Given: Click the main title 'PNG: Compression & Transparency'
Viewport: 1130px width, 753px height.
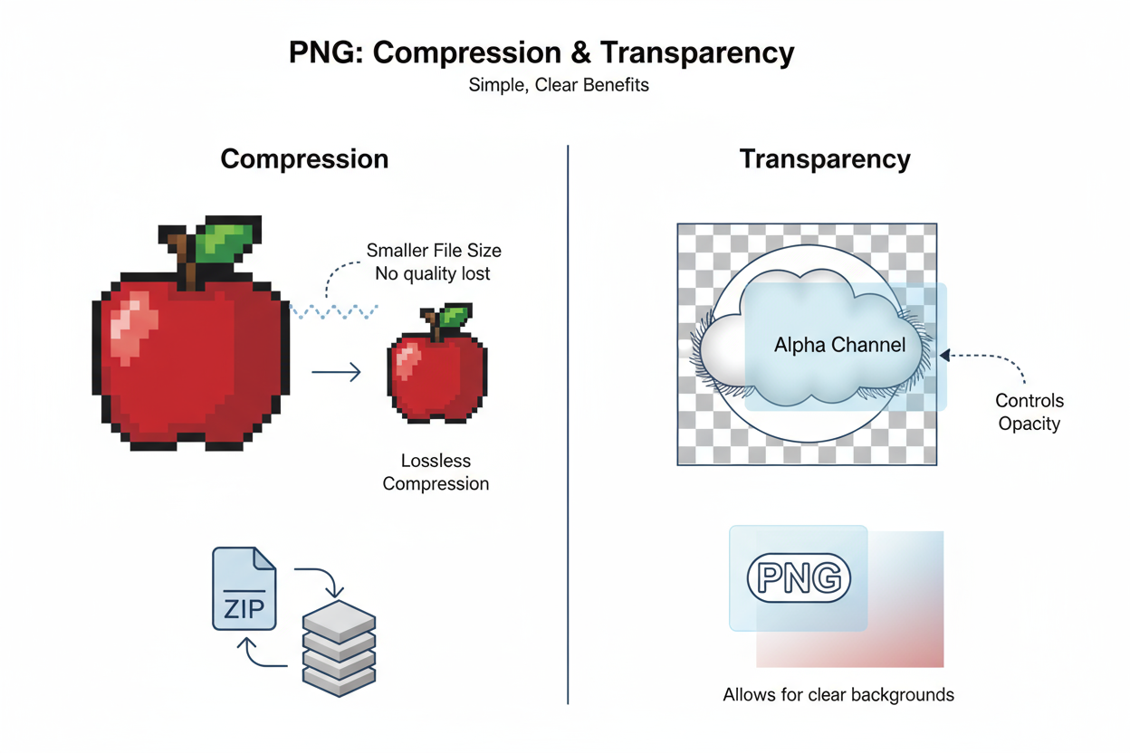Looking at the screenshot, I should click(541, 52).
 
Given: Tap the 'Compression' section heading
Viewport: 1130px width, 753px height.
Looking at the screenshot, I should click(304, 159).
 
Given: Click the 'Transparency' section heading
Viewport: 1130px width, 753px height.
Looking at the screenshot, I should click(824, 159).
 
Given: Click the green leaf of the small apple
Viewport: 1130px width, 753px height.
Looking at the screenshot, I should click(455, 318).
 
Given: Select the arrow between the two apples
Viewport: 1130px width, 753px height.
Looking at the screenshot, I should click(336, 371).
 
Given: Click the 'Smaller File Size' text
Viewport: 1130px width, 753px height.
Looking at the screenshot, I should click(434, 251).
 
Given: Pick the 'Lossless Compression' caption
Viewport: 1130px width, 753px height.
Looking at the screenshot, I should click(436, 472).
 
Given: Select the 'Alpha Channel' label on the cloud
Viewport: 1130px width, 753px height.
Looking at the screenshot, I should click(839, 345).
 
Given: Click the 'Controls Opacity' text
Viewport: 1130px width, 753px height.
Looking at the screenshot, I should click(1029, 412).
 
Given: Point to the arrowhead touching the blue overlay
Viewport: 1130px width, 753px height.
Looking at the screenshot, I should click(944, 356).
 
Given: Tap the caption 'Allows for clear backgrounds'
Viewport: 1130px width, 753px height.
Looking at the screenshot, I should click(838, 695).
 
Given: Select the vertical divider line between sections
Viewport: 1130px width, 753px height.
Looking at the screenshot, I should click(568, 425).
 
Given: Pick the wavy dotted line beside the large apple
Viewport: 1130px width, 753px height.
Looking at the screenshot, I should click(332, 310).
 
